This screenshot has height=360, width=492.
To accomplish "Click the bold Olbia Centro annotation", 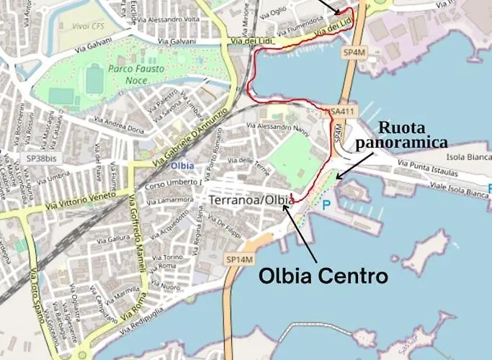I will tap(323, 276).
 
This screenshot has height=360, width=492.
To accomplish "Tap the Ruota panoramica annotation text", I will tap(406, 135).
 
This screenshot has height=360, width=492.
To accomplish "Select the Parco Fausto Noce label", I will tap(136, 74).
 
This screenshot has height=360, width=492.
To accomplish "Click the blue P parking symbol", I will tap(327, 204).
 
